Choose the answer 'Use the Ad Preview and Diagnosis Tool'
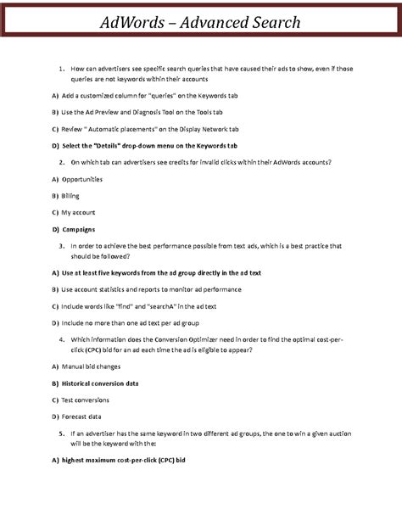[x=124, y=112]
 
